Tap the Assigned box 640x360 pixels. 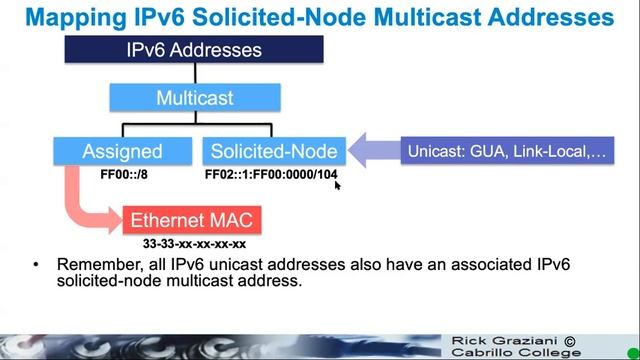(122, 151)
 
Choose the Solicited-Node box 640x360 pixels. (273, 151)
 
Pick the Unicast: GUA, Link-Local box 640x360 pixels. (506, 151)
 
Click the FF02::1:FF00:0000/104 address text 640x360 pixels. (270, 174)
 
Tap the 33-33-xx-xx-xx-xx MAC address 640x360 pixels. (195, 243)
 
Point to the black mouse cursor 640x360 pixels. (338, 184)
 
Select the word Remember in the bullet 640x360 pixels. (96, 265)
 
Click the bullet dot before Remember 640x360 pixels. (36, 265)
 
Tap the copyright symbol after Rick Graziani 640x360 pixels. (570, 340)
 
